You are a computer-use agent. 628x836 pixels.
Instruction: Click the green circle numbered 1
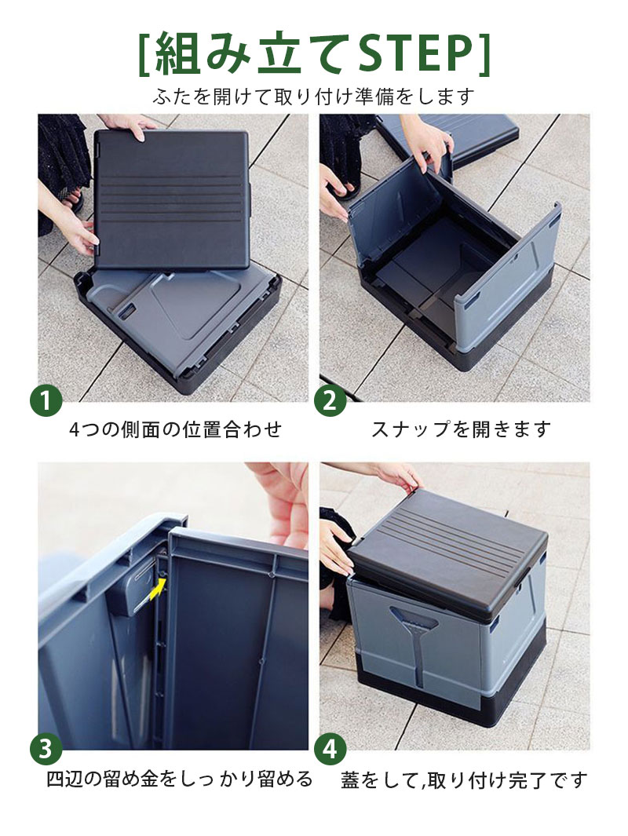click(x=46, y=400)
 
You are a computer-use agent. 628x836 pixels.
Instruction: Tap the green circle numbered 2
click(x=330, y=400)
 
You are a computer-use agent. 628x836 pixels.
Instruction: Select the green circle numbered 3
click(x=46, y=749)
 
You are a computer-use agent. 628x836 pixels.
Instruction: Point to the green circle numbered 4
click(x=330, y=749)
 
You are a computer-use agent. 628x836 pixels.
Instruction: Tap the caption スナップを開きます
click(x=461, y=429)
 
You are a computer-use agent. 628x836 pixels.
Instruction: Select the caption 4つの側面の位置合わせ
click(x=175, y=429)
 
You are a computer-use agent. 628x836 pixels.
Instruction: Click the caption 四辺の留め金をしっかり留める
click(x=179, y=779)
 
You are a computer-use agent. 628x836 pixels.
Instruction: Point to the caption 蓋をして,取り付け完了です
click(x=464, y=780)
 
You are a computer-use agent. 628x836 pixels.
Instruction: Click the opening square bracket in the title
click(x=144, y=54)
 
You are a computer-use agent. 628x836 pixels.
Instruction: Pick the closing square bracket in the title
click(x=484, y=54)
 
